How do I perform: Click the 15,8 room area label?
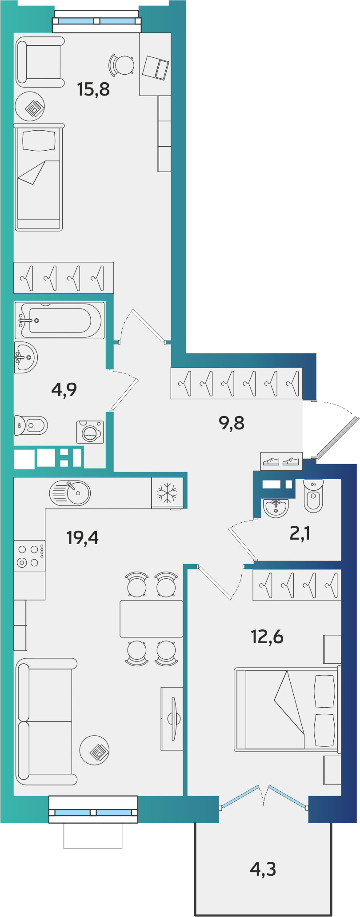(93, 89)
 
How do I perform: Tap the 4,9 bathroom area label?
(64, 390)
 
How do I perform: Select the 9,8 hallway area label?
(232, 423)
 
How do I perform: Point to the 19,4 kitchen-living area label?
(82, 538)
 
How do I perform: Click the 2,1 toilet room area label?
(300, 533)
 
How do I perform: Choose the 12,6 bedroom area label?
(267, 637)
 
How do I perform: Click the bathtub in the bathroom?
(60, 320)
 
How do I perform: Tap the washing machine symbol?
(90, 432)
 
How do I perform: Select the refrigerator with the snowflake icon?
(167, 493)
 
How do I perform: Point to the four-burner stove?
(29, 556)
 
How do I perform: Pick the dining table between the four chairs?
(151, 619)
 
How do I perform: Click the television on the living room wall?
(173, 718)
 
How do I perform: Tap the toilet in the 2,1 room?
(314, 496)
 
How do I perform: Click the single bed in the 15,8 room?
(39, 178)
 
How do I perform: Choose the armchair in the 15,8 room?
(40, 62)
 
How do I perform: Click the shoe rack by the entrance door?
(281, 461)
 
